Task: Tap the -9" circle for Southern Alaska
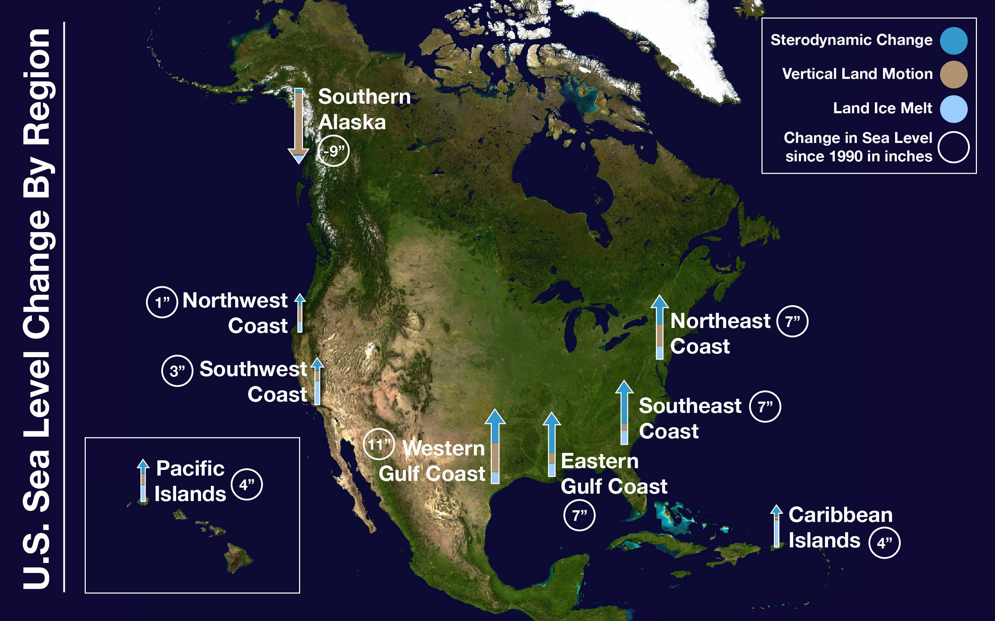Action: pyautogui.click(x=333, y=151)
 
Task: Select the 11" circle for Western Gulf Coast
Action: pyautogui.click(x=379, y=444)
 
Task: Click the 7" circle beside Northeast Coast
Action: pyautogui.click(x=792, y=321)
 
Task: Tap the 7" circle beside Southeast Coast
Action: pyautogui.click(x=765, y=407)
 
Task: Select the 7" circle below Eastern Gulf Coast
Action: pyautogui.click(x=579, y=515)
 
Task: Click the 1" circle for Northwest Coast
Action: pyautogui.click(x=162, y=302)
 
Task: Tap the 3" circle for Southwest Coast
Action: pyautogui.click(x=177, y=371)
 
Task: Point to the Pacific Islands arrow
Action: pyautogui.click(x=143, y=481)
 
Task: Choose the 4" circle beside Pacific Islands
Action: pyautogui.click(x=247, y=485)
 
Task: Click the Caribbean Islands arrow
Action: pyautogui.click(x=776, y=526)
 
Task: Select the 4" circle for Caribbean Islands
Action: pyautogui.click(x=884, y=543)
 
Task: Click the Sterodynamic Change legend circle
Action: pyautogui.click(x=954, y=41)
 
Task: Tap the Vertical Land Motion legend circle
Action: pyautogui.click(x=954, y=75)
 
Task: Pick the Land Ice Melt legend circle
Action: pyautogui.click(x=954, y=109)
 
